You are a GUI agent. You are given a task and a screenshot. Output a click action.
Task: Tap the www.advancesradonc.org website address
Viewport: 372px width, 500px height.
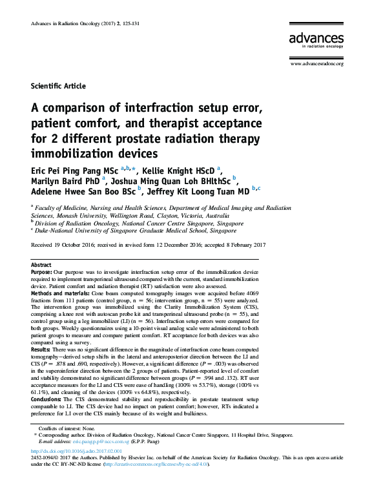click(316, 64)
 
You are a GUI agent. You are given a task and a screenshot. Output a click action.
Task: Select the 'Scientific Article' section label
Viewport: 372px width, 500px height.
click(58, 86)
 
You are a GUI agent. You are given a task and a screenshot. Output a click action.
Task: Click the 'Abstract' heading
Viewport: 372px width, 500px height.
click(41, 266)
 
